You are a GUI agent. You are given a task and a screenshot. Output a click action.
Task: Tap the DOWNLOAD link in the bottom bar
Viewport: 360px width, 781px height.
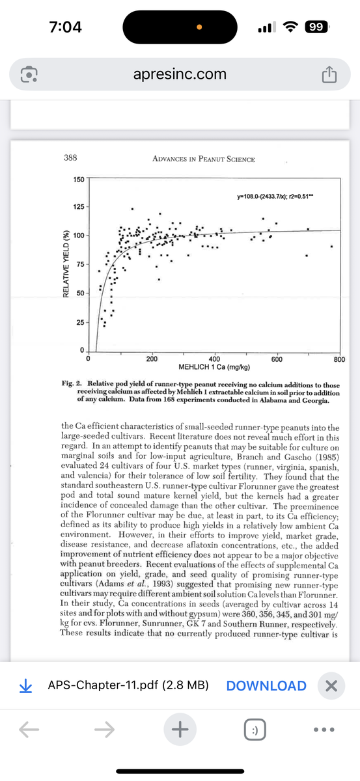(266, 685)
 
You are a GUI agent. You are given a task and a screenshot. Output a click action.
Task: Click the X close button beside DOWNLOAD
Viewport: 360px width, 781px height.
(331, 685)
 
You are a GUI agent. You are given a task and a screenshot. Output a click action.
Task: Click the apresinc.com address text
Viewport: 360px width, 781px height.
(180, 74)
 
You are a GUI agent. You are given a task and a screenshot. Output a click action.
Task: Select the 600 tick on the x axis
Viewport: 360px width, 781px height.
(276, 359)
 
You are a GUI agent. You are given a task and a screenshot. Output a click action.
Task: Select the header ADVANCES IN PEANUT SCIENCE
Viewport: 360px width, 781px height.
(202, 159)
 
